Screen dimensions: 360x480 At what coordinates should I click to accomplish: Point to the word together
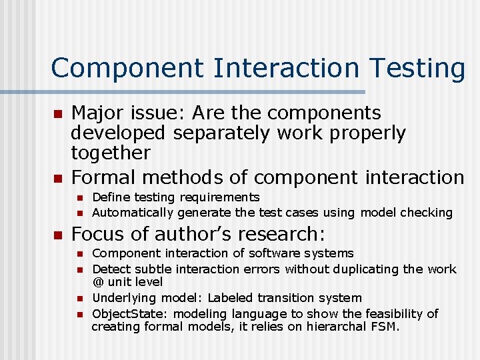[111, 153]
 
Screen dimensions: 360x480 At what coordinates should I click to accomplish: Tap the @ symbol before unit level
[97, 283]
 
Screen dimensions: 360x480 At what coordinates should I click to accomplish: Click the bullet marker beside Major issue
[57, 114]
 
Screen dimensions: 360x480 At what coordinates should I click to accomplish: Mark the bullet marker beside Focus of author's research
[57, 235]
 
